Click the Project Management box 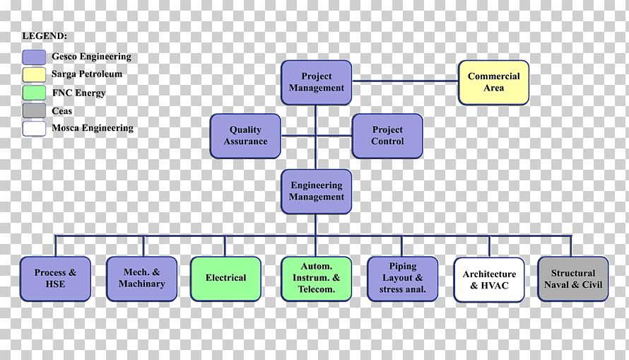(x=317, y=83)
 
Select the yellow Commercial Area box (x=493, y=83)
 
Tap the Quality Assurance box (x=245, y=136)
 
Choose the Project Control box (x=387, y=136)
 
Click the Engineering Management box (x=317, y=192)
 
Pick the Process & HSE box (x=55, y=279)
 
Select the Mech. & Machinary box (x=142, y=279)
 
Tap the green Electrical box (x=226, y=279)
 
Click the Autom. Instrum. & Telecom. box (x=317, y=279)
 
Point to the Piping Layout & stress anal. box (x=402, y=279)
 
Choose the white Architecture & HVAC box (x=489, y=280)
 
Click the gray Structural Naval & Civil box (x=573, y=279)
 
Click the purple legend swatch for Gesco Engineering (x=34, y=57)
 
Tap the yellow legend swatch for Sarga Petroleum (x=34, y=75)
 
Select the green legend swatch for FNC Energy (x=34, y=93)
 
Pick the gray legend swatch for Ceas (x=34, y=111)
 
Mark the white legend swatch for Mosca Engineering (x=34, y=129)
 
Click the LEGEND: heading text (x=45, y=36)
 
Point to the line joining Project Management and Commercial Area (x=405, y=81)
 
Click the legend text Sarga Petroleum (x=87, y=74)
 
